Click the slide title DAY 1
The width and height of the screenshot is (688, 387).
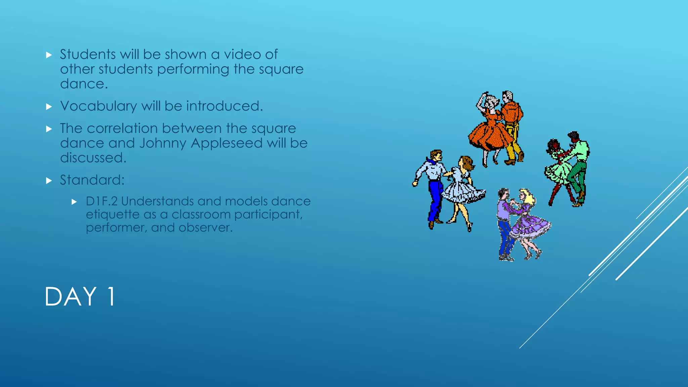tap(80, 297)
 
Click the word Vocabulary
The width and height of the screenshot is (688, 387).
tap(98, 106)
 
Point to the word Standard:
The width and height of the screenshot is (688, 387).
tap(92, 180)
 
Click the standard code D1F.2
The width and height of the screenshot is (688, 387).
tap(101, 201)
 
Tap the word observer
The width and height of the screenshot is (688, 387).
tap(205, 228)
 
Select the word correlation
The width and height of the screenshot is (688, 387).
tap(122, 128)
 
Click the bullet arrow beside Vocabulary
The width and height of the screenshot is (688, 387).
tap(49, 107)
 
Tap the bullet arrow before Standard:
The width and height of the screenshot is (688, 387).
tap(49, 181)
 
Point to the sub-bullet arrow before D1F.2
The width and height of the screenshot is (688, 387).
tap(74, 202)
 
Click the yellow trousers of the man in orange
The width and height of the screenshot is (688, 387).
tap(512, 141)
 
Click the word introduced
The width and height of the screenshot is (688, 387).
tap(224, 106)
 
